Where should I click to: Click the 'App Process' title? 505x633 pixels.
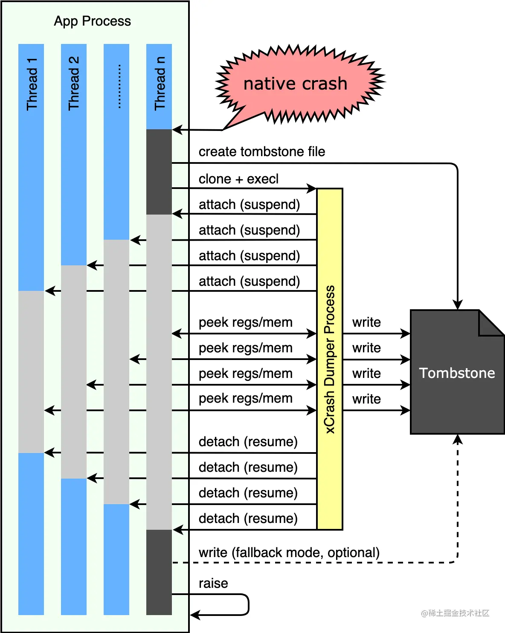click(92, 21)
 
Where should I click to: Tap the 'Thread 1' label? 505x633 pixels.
click(32, 84)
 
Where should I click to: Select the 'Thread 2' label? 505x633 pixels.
click(74, 83)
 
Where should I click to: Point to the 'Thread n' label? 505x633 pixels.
click(160, 83)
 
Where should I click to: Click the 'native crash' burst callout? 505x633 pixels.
click(295, 84)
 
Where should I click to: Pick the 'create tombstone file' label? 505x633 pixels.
click(261, 151)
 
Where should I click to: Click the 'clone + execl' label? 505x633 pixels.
click(238, 179)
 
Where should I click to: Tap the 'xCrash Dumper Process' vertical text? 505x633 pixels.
click(330, 359)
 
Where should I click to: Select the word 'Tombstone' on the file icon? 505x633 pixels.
click(457, 373)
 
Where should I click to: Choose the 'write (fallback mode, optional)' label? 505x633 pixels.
click(289, 552)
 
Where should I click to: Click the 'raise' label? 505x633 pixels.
click(213, 583)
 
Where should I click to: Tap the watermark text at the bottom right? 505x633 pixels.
click(455, 613)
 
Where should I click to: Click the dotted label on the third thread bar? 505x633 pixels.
click(119, 86)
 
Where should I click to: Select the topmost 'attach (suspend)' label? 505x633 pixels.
click(249, 204)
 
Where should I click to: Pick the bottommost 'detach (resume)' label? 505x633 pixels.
click(248, 518)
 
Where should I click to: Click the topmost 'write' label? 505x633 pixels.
click(366, 322)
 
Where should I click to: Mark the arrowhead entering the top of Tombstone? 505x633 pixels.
click(458, 305)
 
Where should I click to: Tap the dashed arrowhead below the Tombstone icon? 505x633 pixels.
click(458, 439)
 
